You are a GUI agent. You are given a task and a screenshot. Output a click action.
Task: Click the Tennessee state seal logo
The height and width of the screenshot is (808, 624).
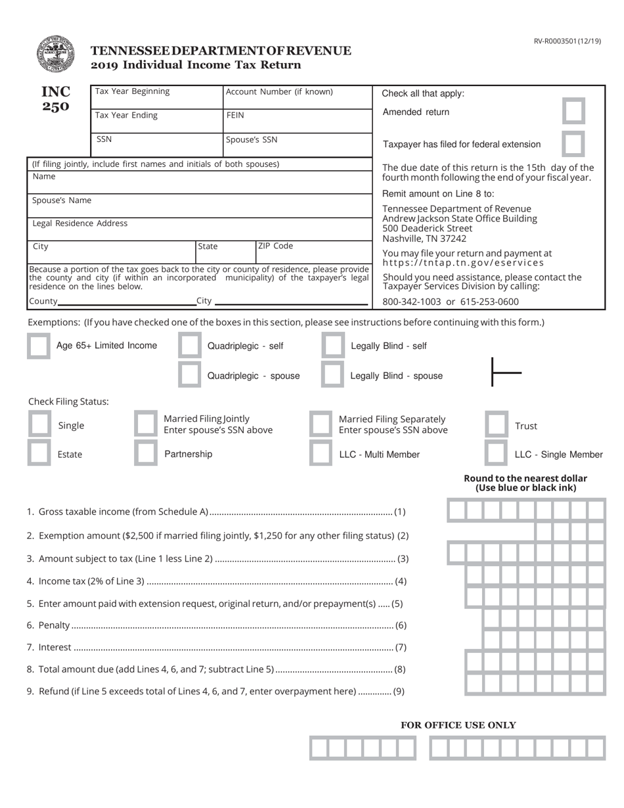[55, 54]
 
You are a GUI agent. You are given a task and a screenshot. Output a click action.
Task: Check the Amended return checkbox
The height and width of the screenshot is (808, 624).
[573, 112]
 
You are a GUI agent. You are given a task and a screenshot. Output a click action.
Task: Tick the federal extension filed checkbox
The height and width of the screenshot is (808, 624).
[573, 144]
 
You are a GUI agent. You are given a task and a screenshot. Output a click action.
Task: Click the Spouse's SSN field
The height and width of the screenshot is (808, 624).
[298, 146]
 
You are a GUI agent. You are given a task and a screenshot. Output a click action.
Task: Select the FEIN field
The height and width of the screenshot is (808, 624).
[298, 122]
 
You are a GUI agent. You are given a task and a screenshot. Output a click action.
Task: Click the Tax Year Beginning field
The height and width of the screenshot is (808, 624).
[157, 97]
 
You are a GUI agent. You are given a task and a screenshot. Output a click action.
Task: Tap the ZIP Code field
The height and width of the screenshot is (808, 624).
[313, 253]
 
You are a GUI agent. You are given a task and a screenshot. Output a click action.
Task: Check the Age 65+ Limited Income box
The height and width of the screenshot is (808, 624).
[38, 346]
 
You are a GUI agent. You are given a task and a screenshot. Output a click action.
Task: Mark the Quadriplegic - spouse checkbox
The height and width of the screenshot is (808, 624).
[190, 375]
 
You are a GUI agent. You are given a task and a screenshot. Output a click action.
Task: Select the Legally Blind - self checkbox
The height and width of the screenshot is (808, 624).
[333, 346]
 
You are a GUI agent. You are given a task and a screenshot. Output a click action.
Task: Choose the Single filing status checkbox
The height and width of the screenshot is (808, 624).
[39, 424]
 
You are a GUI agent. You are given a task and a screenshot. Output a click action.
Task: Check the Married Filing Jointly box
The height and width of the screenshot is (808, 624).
[145, 424]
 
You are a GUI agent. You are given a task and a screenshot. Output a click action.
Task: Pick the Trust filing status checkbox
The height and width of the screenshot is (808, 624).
[496, 425]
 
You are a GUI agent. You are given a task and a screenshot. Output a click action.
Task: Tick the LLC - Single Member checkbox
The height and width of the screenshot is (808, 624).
[496, 453]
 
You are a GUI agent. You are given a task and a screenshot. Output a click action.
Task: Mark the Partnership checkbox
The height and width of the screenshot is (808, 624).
[145, 453]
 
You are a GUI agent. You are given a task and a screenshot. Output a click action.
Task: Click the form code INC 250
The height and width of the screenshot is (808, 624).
[56, 99]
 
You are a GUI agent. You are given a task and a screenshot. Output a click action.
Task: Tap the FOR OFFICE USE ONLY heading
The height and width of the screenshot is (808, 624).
[458, 725]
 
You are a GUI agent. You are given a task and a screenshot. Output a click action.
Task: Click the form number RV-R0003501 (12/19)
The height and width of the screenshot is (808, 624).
[567, 41]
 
